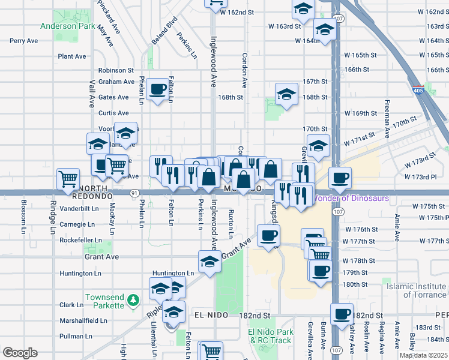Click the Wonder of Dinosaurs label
(x=351, y=198)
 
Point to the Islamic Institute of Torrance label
(x=416, y=290)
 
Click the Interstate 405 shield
(x=419, y=91)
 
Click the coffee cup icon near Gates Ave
(x=158, y=90)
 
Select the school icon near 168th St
(x=287, y=94)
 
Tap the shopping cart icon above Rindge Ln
(x=68, y=178)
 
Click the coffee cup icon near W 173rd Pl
(x=340, y=178)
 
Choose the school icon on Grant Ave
(x=209, y=262)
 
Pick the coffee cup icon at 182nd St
(x=342, y=314)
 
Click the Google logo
(x=20, y=352)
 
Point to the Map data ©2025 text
(x=424, y=355)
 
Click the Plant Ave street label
(x=72, y=56)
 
